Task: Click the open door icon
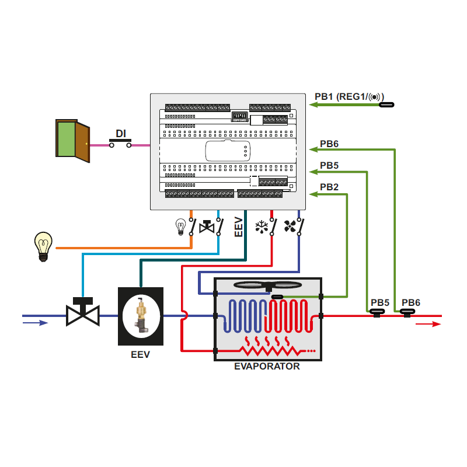72,138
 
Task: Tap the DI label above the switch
121,134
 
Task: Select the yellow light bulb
43,246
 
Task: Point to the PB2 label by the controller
329,187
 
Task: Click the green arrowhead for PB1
313,105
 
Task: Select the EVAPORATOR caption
267,367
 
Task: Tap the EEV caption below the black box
140,354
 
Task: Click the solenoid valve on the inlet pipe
82,312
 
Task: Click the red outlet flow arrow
428,324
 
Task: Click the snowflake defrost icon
262,226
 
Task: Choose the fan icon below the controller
290,226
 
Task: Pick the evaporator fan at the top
267,285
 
